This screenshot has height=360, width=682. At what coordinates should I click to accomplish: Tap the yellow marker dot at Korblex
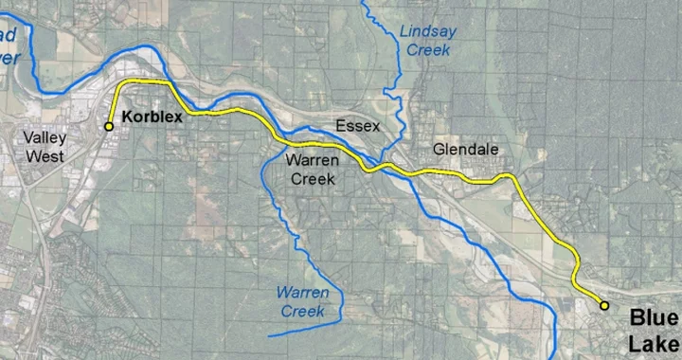109,126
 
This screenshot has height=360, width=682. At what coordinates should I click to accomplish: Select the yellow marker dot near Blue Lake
603,305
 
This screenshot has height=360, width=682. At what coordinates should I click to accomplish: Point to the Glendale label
465,150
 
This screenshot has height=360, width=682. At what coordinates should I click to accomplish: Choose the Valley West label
44,147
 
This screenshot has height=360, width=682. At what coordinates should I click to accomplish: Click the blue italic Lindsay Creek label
427,40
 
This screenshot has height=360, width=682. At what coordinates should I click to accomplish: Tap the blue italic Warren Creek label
302,301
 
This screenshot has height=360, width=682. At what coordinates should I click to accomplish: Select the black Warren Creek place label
312,170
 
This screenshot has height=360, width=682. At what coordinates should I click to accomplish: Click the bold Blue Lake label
654,331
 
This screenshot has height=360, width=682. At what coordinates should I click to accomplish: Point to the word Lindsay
427,30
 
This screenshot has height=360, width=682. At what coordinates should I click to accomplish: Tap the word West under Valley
45,156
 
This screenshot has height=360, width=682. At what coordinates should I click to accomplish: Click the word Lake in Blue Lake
654,344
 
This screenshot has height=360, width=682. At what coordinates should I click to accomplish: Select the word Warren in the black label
312,161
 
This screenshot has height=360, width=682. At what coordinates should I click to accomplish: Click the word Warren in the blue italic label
302,292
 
